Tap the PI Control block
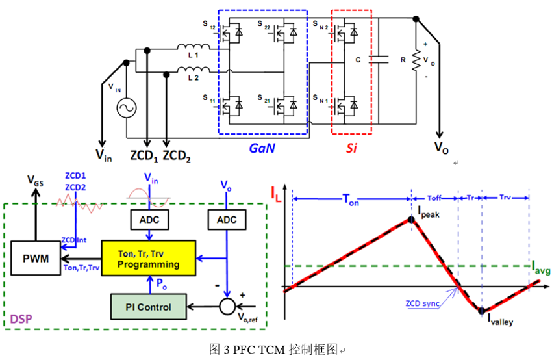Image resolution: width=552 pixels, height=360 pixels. click(149, 307)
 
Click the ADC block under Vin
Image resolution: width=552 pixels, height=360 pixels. click(149, 220)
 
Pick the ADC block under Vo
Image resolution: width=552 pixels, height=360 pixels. click(227, 220)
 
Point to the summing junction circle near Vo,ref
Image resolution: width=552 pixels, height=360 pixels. click(227, 303)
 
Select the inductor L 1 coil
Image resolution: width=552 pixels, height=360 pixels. click(195, 48)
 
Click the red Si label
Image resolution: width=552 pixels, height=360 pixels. click(351, 148)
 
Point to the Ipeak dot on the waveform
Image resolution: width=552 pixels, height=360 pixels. click(412, 220)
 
